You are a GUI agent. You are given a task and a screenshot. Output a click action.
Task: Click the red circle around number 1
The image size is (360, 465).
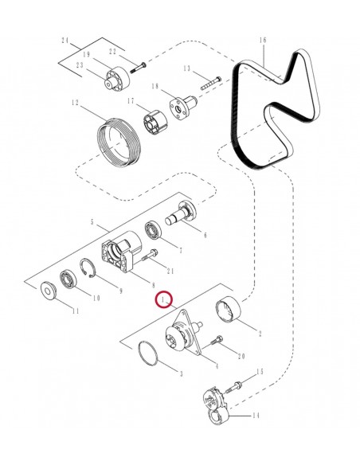(x=165, y=300)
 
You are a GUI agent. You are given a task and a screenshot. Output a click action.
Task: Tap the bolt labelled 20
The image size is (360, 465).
(x=213, y=342)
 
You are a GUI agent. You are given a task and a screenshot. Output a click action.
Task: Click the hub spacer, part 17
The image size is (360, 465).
(x=153, y=120)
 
